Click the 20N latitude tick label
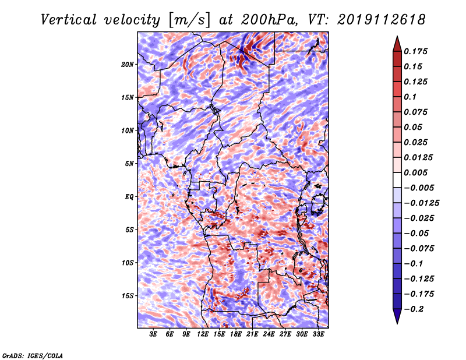[x=128, y=65]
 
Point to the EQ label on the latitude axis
[x=129, y=197]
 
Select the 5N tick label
[x=129, y=164]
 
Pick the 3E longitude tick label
[x=153, y=334]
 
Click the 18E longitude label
[x=236, y=334]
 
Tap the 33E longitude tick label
[x=318, y=334]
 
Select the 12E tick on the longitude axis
[x=203, y=334]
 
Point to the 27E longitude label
[x=285, y=334]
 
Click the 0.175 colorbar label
[x=415, y=51]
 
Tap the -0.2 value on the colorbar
[x=414, y=309]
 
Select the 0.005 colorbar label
[x=415, y=172]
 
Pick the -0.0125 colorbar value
[x=421, y=203]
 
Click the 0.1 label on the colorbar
[x=410, y=97]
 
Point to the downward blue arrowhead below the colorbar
[x=397, y=315]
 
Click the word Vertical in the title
[x=68, y=20]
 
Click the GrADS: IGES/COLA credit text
[x=33, y=355]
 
